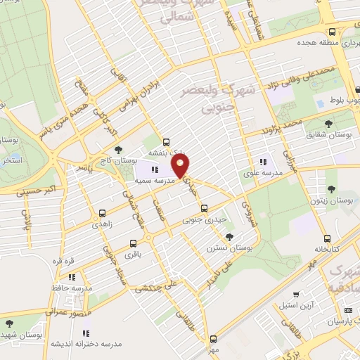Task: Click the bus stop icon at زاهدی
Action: (103, 213)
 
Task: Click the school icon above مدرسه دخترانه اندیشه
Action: (85, 333)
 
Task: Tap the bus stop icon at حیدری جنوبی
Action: (204, 208)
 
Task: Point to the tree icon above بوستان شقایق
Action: (329, 124)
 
